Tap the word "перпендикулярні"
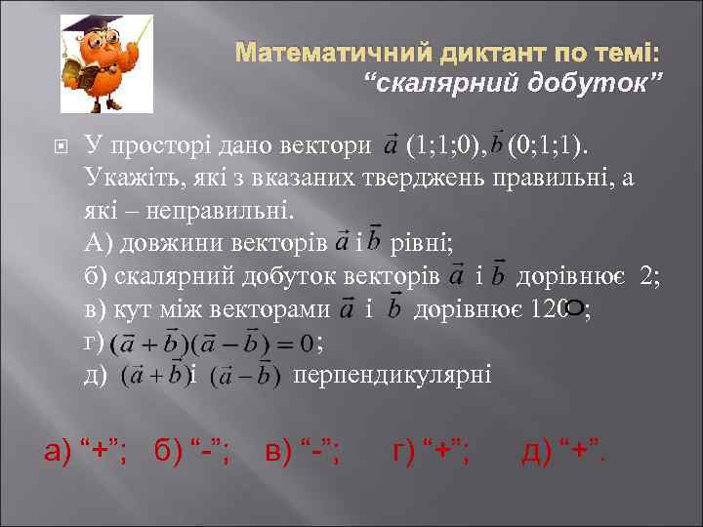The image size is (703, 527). (x=393, y=376)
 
